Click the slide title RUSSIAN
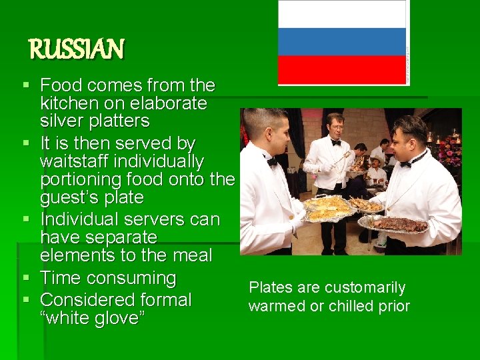click(x=76, y=49)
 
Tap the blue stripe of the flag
click(x=342, y=41)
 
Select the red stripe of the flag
click(x=342, y=69)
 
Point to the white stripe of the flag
click(x=342, y=14)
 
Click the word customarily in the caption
click(x=366, y=288)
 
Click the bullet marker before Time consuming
click(x=26, y=278)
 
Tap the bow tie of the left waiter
click(x=271, y=161)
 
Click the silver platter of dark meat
click(x=400, y=225)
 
